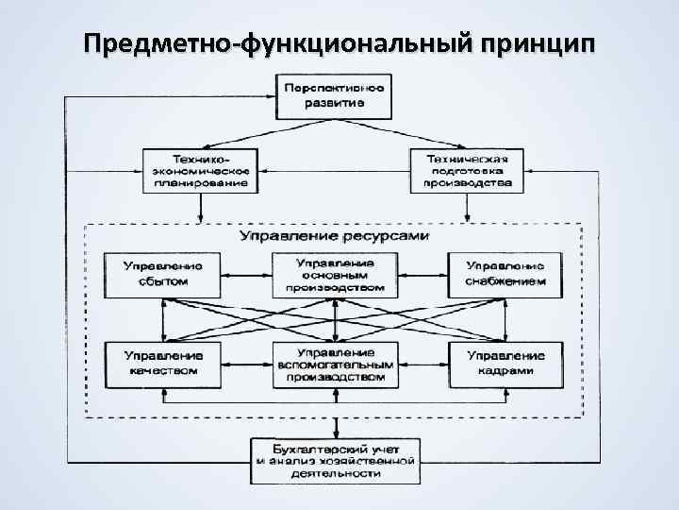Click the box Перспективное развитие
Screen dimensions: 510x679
(335, 95)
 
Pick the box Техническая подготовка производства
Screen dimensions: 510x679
(468, 170)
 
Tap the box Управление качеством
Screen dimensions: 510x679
(163, 363)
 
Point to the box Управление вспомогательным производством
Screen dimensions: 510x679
(335, 363)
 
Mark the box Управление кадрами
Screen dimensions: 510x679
(506, 363)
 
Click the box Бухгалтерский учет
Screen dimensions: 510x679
(335, 460)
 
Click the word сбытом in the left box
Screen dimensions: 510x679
(163, 280)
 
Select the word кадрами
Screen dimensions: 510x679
(506, 371)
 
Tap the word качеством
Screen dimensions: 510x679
(163, 371)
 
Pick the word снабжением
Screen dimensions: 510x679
(506, 280)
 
